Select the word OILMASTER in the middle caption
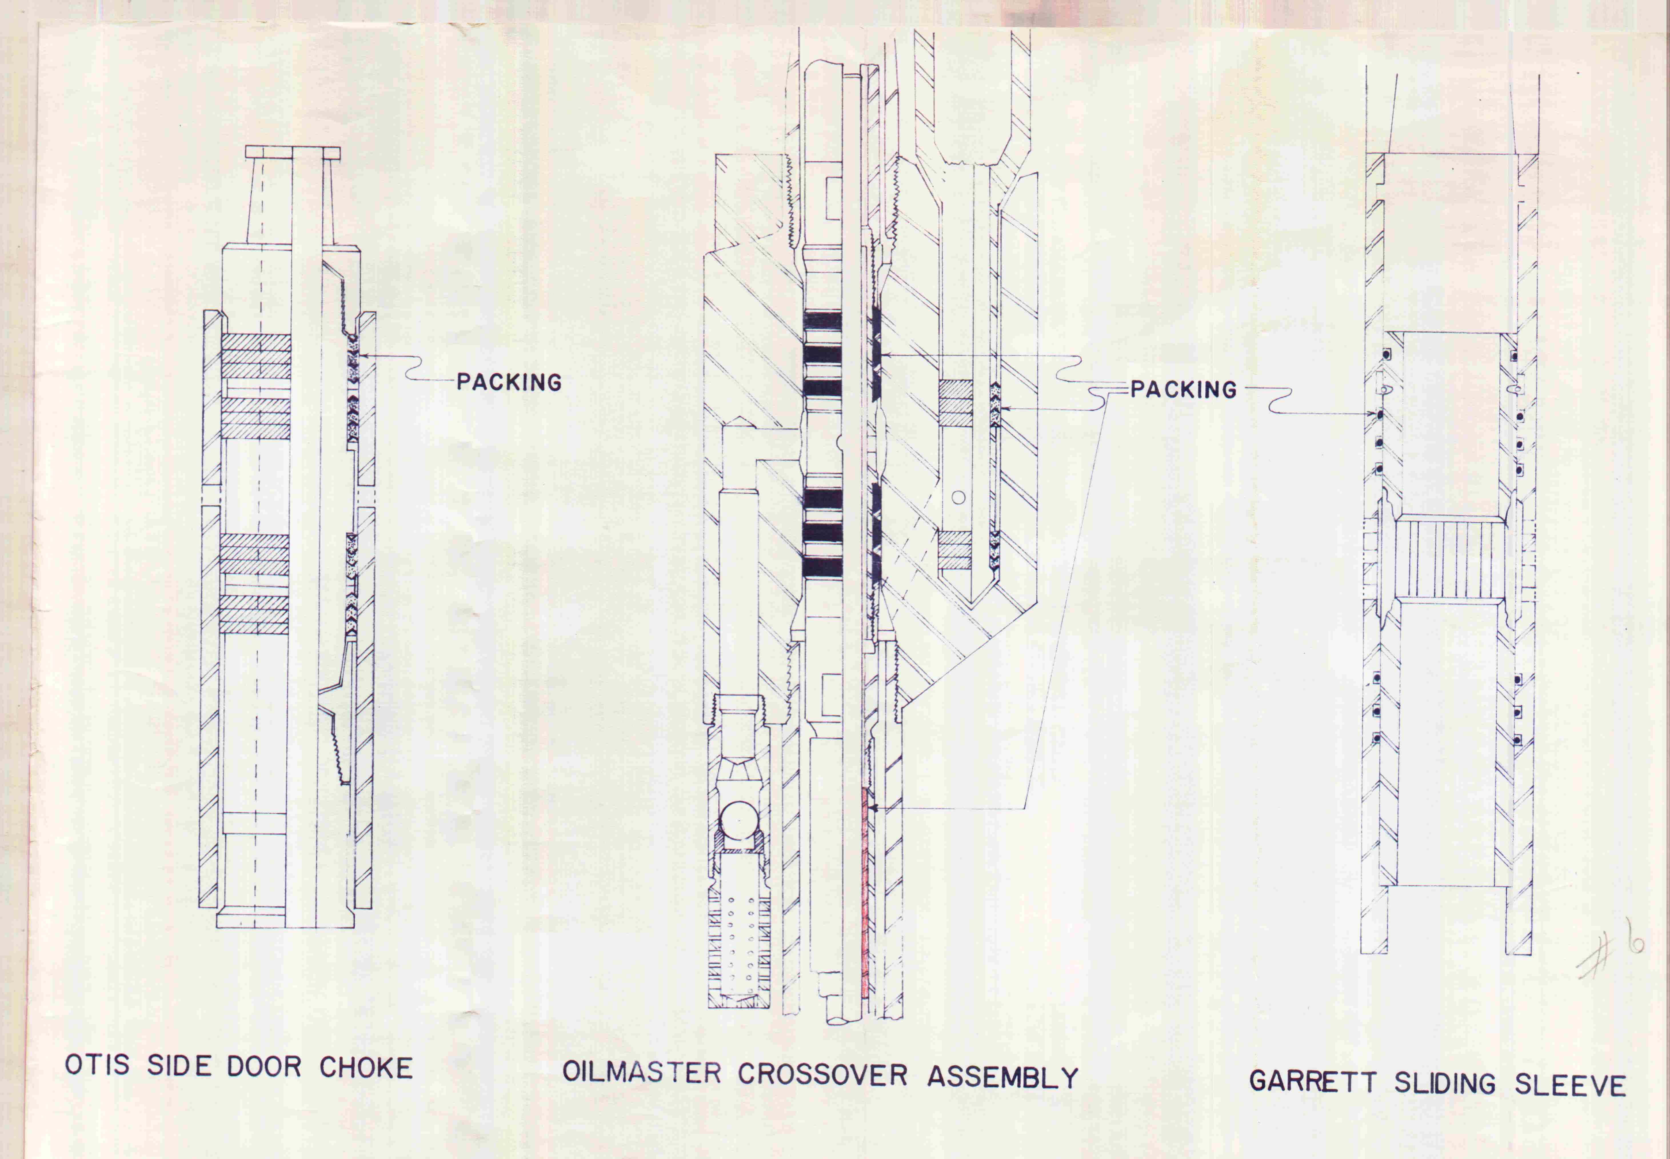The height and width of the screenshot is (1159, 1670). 642,1073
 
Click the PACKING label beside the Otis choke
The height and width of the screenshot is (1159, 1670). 509,382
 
